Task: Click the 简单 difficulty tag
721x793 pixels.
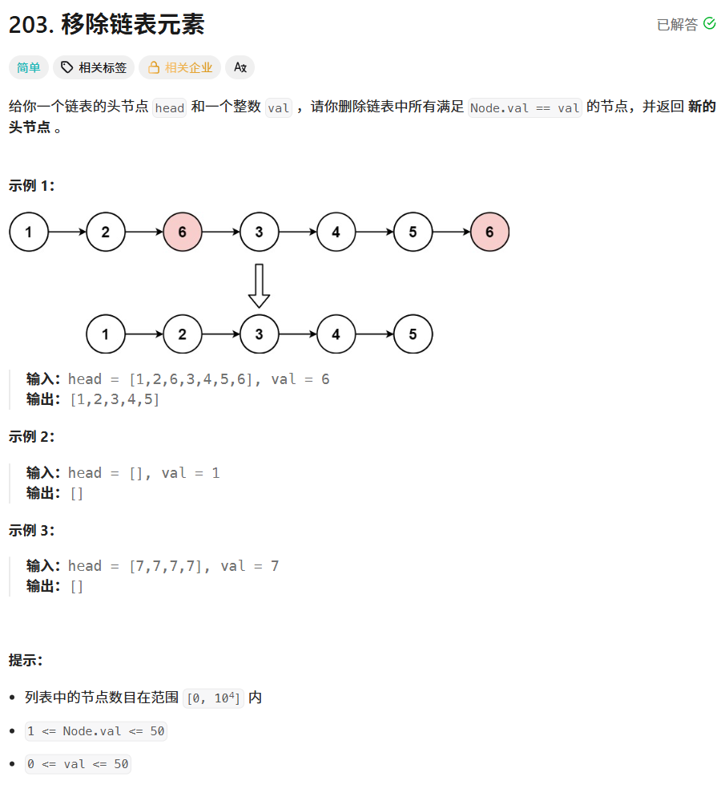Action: (x=29, y=67)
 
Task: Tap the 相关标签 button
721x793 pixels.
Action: (x=94, y=67)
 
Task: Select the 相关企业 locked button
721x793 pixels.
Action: (x=181, y=67)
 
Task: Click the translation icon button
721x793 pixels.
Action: (x=240, y=67)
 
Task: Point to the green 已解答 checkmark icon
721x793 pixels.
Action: (x=709, y=24)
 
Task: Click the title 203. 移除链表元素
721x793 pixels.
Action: (x=107, y=25)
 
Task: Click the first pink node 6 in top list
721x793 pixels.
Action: (x=183, y=233)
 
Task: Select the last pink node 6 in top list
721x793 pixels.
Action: (x=489, y=233)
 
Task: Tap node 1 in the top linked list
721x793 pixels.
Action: (x=29, y=233)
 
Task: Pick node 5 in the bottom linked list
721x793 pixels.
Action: (x=413, y=334)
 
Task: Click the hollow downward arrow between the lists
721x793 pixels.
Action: (x=259, y=285)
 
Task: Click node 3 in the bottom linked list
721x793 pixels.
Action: (x=259, y=334)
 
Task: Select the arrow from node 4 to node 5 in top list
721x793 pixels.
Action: (x=374, y=233)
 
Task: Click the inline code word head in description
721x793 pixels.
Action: (x=169, y=108)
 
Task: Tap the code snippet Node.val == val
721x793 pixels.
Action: (x=525, y=108)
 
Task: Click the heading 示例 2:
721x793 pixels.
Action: (x=32, y=436)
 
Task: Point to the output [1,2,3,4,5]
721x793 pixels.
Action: (x=115, y=399)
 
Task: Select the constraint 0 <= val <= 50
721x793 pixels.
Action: (x=78, y=764)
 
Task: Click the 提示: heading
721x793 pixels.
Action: (x=26, y=661)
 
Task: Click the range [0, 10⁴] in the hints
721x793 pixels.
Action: (x=213, y=698)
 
